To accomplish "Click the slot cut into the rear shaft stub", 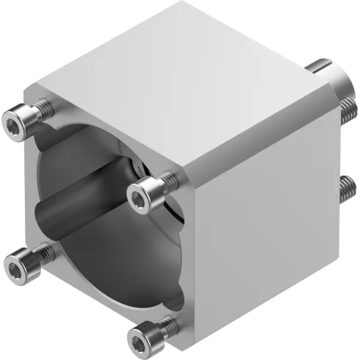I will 322,69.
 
